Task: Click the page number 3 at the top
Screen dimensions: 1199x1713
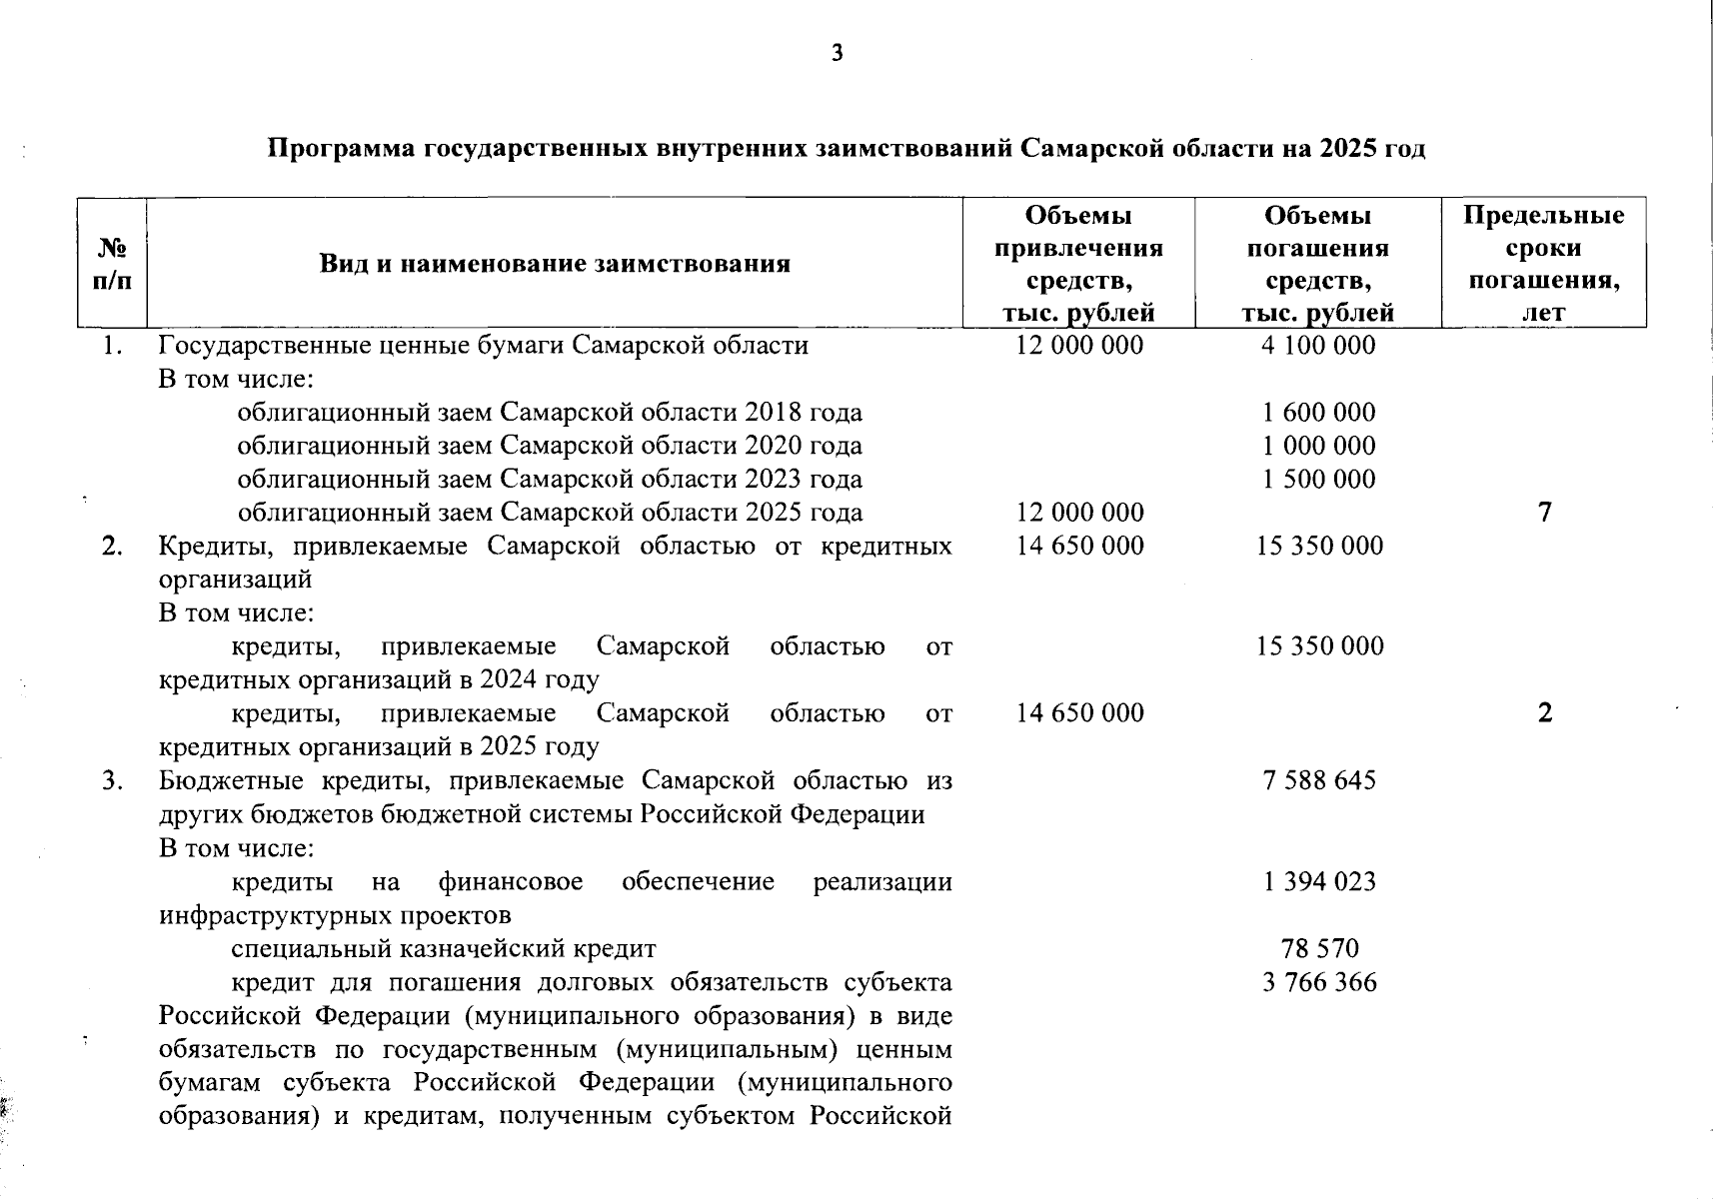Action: pyautogui.click(x=837, y=54)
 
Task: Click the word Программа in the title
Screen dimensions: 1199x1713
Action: pyautogui.click(x=340, y=150)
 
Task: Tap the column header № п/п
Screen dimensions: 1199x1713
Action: pyautogui.click(x=112, y=264)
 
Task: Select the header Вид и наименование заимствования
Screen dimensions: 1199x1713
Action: pyautogui.click(x=555, y=264)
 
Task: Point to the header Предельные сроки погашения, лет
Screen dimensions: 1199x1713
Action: pyautogui.click(x=1544, y=264)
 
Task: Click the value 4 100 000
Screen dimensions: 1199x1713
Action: pyautogui.click(x=1319, y=346)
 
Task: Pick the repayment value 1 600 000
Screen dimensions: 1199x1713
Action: pyautogui.click(x=1319, y=413)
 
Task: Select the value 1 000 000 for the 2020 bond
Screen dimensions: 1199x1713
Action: pyautogui.click(x=1319, y=446)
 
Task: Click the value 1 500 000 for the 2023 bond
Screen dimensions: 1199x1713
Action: pyautogui.click(x=1319, y=479)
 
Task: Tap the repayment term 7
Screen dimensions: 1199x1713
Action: pyautogui.click(x=1545, y=513)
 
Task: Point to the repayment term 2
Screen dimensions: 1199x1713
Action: pyautogui.click(x=1545, y=713)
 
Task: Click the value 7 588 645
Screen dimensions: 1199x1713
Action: pyautogui.click(x=1319, y=780)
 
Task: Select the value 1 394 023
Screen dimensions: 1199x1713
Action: pyautogui.click(x=1319, y=881)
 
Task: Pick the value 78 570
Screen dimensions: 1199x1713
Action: pyautogui.click(x=1319, y=948)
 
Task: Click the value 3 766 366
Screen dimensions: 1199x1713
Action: pyautogui.click(x=1319, y=982)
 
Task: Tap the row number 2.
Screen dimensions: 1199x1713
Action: pyautogui.click(x=112, y=547)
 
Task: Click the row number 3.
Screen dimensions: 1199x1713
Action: pyautogui.click(x=112, y=780)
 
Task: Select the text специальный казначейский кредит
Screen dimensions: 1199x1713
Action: pyautogui.click(x=444, y=948)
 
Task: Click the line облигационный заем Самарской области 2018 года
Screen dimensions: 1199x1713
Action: pyautogui.click(x=550, y=413)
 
